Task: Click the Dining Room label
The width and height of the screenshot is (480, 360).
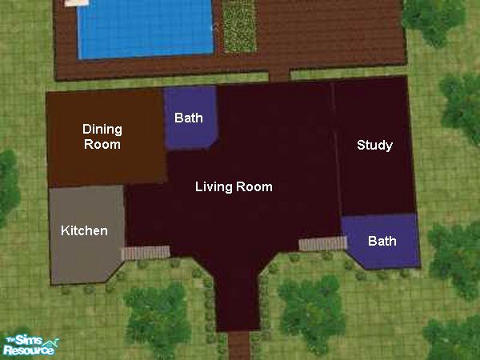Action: point(102,137)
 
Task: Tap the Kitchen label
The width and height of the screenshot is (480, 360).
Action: point(84,230)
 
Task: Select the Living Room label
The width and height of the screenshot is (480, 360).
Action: point(234,186)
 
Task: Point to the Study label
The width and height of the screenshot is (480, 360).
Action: point(374,145)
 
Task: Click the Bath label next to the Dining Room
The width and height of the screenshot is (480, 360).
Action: point(189,118)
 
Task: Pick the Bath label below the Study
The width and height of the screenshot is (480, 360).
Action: point(382,241)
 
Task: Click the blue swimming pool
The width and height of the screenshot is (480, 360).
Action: point(145,28)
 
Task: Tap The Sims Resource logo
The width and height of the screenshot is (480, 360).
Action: point(30,345)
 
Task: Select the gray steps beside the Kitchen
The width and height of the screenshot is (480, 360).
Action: point(146,253)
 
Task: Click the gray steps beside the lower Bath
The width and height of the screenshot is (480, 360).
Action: point(323,244)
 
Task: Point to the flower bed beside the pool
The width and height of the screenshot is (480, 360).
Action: point(239,26)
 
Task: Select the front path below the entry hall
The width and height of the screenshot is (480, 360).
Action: point(239,346)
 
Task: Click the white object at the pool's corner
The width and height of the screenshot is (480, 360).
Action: point(77,2)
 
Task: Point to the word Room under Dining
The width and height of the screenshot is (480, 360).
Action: point(102,144)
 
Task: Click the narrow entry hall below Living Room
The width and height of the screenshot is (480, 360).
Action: point(238,294)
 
